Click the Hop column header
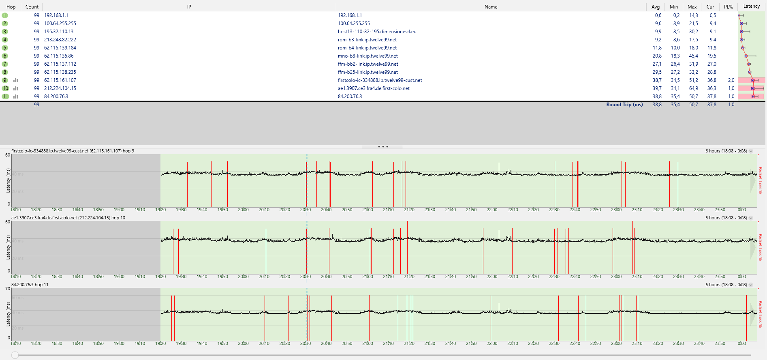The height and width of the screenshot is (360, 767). point(11,7)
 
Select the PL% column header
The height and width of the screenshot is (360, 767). point(729,7)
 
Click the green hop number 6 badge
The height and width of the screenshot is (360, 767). point(5,56)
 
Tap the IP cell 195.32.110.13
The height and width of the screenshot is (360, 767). point(59,32)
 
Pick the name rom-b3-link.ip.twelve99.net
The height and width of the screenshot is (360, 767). point(367,40)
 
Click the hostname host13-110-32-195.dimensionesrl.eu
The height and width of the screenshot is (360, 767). point(377,32)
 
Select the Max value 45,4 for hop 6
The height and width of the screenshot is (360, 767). point(693,56)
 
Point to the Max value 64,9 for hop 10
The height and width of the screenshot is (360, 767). point(693,88)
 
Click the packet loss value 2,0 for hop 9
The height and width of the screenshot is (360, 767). point(731,80)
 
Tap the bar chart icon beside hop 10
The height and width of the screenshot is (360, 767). point(16,88)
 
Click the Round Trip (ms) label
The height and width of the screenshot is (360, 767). point(624,105)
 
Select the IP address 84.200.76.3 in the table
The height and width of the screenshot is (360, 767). point(56,96)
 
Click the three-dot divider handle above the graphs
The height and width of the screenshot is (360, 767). point(383,147)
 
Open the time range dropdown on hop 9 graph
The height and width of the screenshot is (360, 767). point(751,151)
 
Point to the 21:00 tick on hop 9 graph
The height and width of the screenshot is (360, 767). point(367,210)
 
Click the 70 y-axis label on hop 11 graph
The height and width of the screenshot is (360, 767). point(8,289)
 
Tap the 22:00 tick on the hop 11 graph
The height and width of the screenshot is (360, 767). point(492,343)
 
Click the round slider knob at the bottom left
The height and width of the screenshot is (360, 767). point(15,355)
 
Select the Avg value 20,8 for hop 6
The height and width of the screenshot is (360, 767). point(657,56)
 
